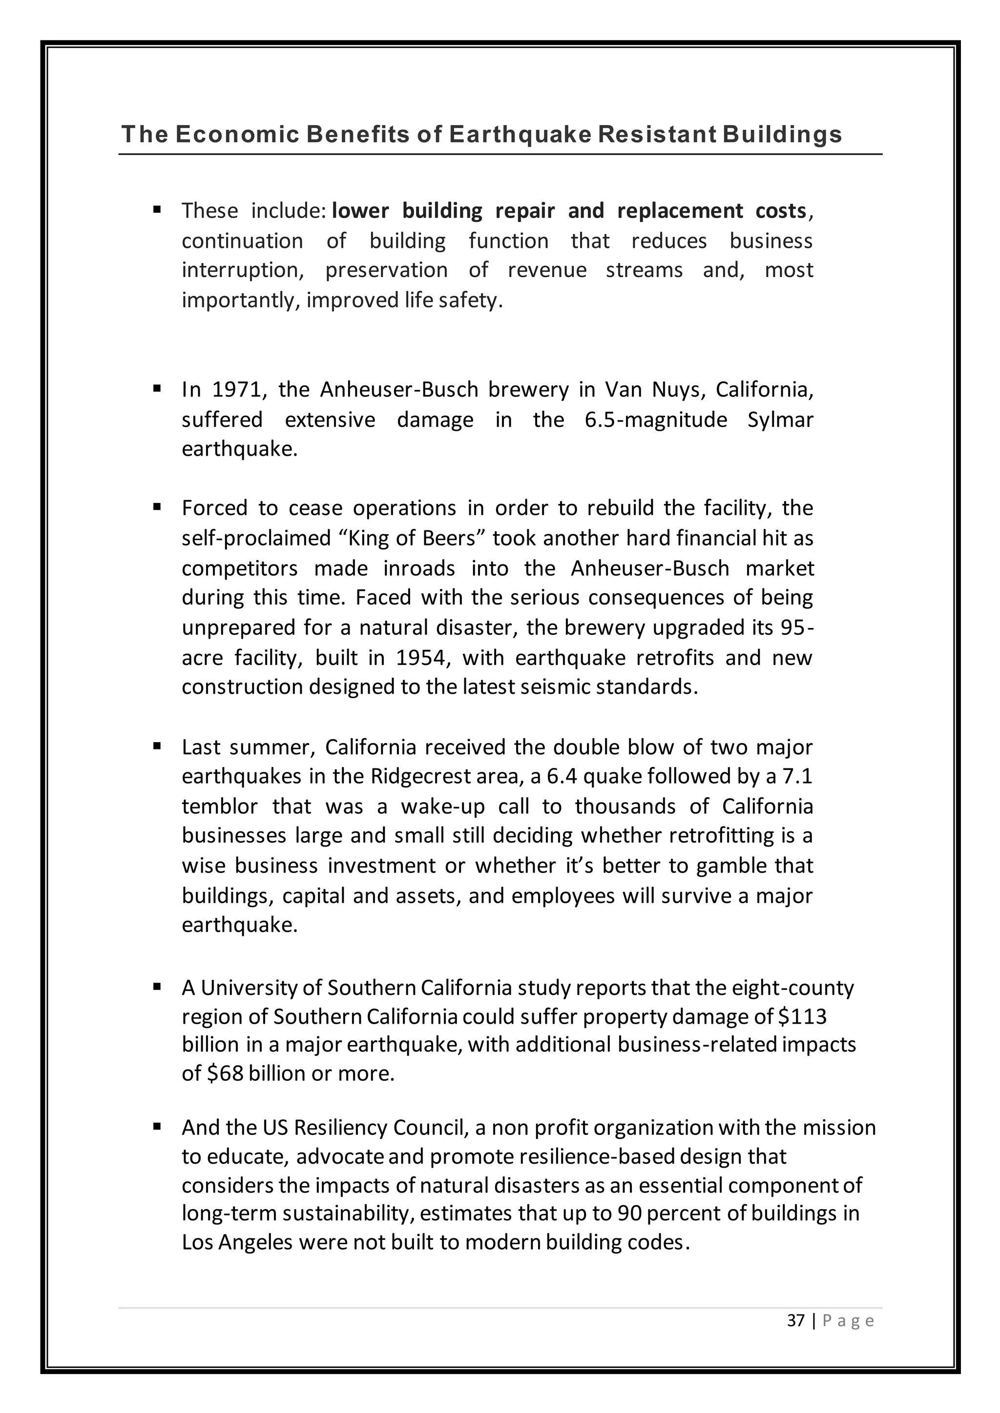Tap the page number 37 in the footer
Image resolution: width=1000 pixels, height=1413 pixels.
click(x=795, y=1337)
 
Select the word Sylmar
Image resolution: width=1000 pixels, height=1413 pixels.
click(x=780, y=420)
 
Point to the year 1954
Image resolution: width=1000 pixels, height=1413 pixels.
click(x=420, y=657)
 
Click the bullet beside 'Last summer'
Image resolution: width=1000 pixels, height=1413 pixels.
click(x=157, y=747)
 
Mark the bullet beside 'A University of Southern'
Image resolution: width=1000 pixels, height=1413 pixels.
click(x=157, y=987)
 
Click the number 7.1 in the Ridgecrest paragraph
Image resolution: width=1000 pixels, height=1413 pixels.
click(x=797, y=776)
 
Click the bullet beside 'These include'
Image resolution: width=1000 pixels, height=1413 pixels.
click(x=157, y=210)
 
